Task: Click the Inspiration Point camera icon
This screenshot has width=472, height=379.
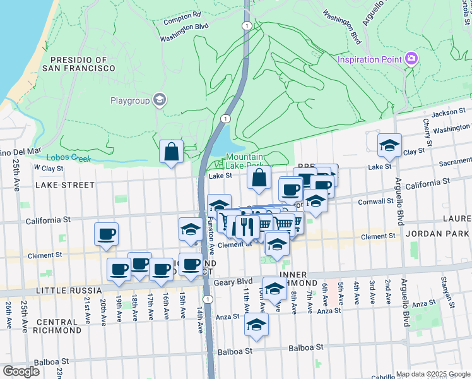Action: [x=412, y=59]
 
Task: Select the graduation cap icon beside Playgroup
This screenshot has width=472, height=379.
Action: [x=160, y=100]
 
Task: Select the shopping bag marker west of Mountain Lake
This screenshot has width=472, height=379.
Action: [x=172, y=152]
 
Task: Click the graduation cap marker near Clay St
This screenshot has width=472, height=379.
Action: [x=389, y=145]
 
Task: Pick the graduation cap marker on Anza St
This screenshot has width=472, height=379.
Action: [x=274, y=289]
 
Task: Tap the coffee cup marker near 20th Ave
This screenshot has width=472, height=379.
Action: [x=106, y=234]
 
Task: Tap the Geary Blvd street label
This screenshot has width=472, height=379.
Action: [x=233, y=283]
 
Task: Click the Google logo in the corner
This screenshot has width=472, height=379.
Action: [x=21, y=371]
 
